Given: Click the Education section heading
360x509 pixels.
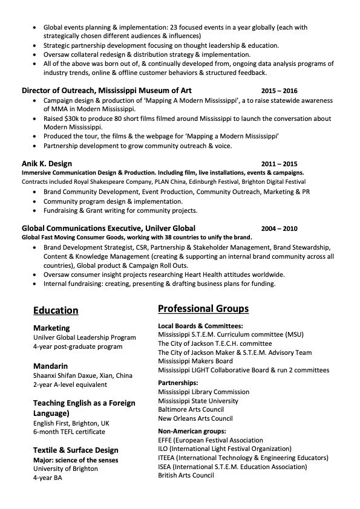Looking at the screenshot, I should [56, 311].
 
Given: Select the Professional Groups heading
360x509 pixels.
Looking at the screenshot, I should [203, 309].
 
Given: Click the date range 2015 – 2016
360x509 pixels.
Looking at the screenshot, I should [280, 90].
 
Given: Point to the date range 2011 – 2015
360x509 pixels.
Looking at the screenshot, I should [280, 164].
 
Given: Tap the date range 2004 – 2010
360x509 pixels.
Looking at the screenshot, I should [280, 229].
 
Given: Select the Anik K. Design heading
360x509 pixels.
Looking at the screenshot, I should [47, 164].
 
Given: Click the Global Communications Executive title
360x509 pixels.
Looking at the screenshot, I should [108, 229].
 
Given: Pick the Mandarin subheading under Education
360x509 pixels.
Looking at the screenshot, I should [50, 366].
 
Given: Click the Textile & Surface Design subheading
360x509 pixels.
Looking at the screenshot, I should [76, 450].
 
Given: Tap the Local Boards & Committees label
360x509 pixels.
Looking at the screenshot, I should [200, 326].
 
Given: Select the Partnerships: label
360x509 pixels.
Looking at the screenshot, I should [178, 383].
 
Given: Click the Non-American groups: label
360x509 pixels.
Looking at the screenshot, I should [192, 431].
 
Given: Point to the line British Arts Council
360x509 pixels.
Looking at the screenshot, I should [186, 476].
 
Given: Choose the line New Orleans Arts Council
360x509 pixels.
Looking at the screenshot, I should [195, 418].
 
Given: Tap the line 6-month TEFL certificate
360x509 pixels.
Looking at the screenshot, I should [69, 432].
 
